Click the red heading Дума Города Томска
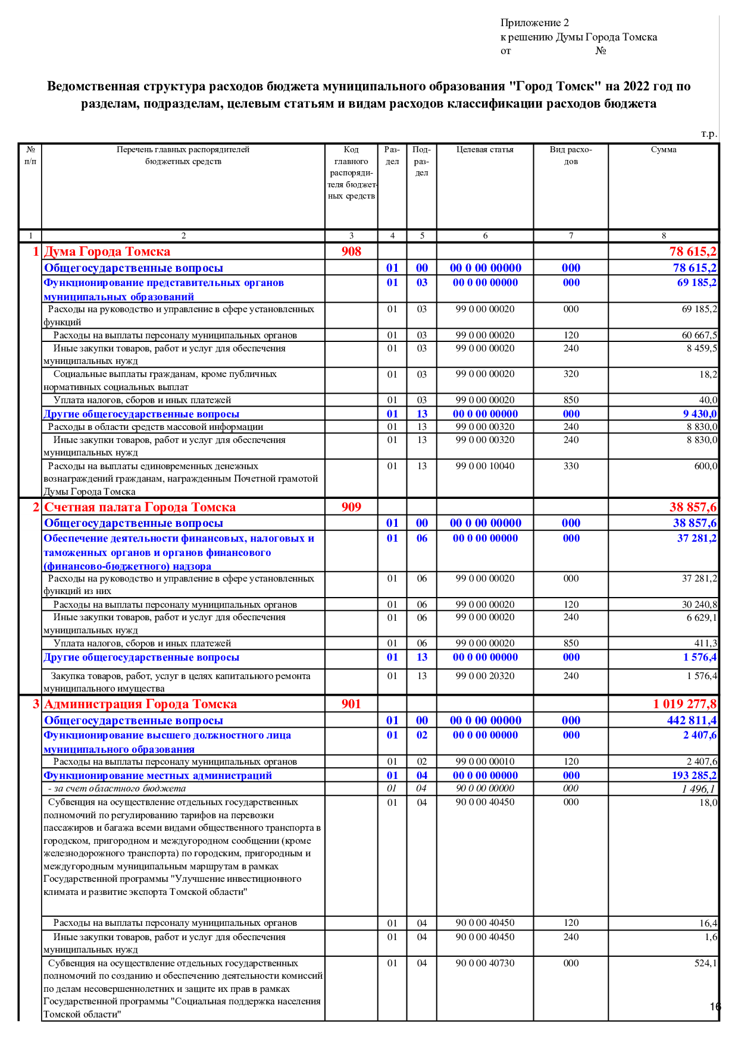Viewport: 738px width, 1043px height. point(107,252)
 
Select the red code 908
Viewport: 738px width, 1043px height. point(351,252)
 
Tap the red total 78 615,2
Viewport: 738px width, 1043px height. point(693,252)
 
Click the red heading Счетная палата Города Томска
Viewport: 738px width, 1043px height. point(140,507)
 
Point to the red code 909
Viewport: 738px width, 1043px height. point(351,507)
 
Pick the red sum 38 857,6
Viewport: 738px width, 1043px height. point(693,507)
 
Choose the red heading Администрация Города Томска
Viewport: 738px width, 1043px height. point(140,704)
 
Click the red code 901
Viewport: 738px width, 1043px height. point(351,704)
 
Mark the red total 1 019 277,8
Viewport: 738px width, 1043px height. point(684,704)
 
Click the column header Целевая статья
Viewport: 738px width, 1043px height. point(484,150)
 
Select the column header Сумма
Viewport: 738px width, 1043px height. point(664,150)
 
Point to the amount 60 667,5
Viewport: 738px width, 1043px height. point(699,335)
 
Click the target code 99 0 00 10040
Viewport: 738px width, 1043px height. point(485,466)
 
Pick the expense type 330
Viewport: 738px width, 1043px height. point(571,466)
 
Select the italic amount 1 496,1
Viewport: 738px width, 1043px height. point(699,789)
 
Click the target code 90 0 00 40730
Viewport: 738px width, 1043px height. point(485,963)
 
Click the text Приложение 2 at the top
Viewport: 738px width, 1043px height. point(534,23)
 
